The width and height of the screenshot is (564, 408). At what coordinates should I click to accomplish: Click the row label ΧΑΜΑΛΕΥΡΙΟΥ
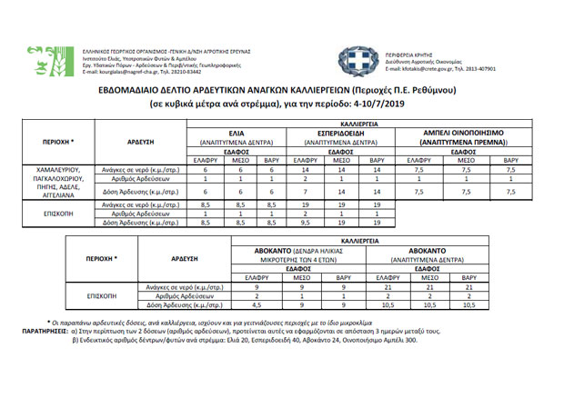(57, 170)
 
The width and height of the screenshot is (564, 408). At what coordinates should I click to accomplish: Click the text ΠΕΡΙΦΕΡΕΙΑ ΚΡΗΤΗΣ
(415, 54)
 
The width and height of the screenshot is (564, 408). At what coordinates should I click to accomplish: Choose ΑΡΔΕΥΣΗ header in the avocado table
(185, 258)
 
